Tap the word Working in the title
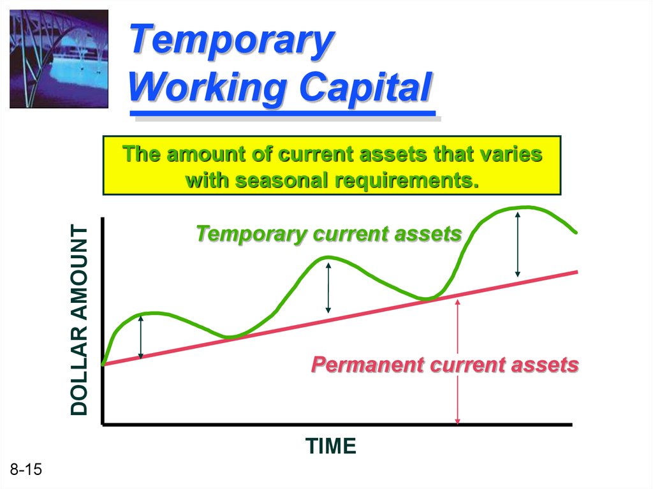[207, 87]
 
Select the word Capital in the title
[366, 87]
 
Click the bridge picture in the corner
[59, 59]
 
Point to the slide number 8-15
[26, 469]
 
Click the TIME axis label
[331, 446]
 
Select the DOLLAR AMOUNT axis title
[79, 320]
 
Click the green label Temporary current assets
[328, 234]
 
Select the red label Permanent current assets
[444, 365]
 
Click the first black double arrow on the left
[141, 337]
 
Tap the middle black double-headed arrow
[328, 288]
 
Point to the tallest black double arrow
[518, 245]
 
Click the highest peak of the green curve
[527, 207]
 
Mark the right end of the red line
[578, 272]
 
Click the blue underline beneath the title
[282, 113]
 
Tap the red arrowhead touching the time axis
[457, 421]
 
